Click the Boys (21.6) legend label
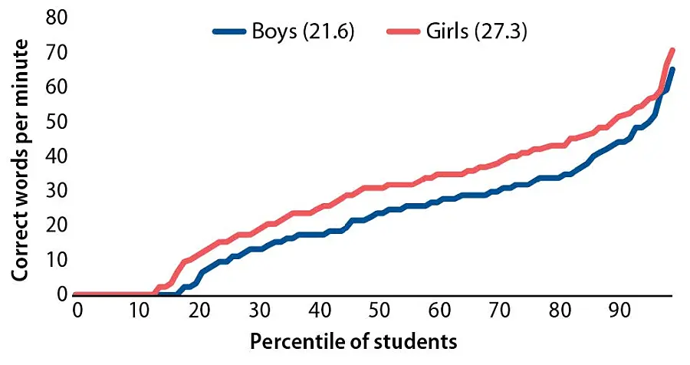301,33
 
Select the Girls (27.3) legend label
475,33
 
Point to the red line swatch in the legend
406,33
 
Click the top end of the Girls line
672,51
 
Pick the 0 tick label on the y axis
62,294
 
